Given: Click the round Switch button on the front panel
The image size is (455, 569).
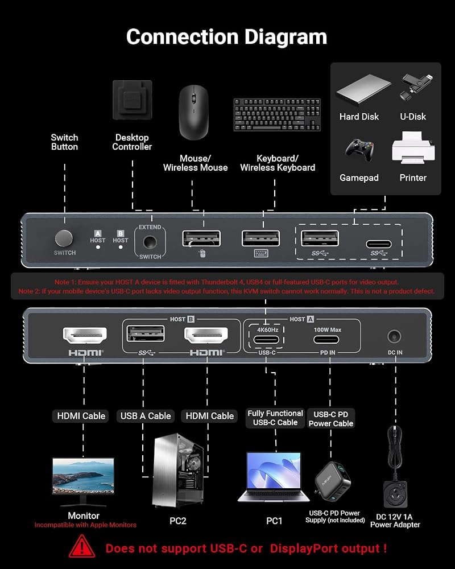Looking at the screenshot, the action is pos(64,238).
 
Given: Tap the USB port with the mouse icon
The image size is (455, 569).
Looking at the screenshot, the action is pos(201,238).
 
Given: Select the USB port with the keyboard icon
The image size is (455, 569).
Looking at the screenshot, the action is pos(261,238).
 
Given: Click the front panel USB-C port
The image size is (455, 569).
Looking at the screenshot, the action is pos(378,244).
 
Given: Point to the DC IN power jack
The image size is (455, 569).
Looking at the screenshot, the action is pos(394,336).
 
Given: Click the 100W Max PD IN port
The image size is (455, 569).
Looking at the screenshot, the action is pos(326,340).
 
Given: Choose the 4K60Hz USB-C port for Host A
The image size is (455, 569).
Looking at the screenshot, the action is pos(267,340).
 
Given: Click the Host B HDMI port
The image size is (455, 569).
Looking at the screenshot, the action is pos(206,335).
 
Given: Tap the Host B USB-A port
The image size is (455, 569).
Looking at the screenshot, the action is pos(146,333).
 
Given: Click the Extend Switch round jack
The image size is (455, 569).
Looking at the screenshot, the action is pos(150,242).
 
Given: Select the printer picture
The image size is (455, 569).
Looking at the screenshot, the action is pos(413,148).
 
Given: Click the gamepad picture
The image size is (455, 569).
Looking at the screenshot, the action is pos(359,150).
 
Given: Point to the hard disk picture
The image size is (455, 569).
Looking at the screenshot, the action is pos(363,90).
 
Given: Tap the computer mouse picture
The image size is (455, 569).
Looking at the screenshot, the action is pos(194,113).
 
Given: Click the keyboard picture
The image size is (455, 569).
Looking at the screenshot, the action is pos(277,114).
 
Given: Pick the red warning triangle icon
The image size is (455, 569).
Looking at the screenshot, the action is pos(82,546).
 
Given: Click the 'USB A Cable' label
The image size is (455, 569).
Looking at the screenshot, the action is pos(146,416).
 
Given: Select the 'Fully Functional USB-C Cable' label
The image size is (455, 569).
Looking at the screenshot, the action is pos(275,418).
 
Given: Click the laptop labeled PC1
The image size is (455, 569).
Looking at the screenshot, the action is pos(274,477).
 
